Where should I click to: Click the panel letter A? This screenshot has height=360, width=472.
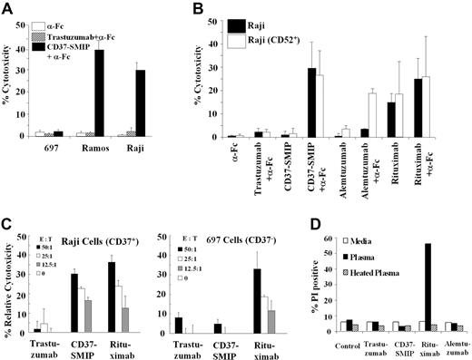10,10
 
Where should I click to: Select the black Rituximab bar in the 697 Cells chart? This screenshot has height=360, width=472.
281,300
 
